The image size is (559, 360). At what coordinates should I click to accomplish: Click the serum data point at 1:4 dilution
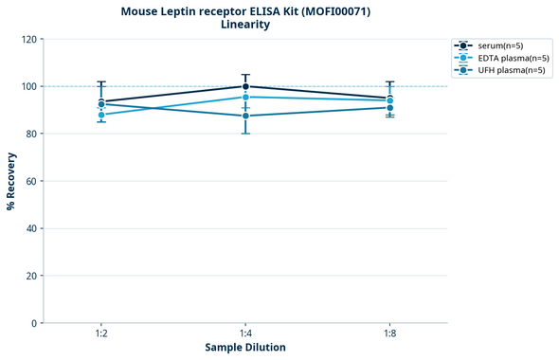pos(245,86)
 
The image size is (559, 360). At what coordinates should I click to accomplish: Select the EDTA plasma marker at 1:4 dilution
pos(245,97)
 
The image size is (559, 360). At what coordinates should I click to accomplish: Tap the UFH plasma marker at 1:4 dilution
pos(245,116)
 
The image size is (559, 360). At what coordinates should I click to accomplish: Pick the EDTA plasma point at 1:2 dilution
pos(101,115)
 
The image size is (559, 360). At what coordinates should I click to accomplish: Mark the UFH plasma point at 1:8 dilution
pos(389,108)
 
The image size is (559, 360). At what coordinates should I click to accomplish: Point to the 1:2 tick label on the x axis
pos(101,334)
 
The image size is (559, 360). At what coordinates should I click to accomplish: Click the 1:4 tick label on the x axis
pos(245,334)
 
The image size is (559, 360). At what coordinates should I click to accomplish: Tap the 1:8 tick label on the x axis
pos(389,334)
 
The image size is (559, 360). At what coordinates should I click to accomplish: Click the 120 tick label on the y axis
pos(28,39)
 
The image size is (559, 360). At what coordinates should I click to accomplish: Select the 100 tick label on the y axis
pos(28,86)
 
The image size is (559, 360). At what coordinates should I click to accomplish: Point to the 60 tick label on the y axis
pos(31,181)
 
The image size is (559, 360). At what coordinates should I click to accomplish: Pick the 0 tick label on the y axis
pos(34,323)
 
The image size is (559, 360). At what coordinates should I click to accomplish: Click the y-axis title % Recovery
pos(11,181)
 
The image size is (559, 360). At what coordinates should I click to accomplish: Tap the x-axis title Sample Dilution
pos(245,348)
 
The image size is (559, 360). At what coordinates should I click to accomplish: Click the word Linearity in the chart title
pos(245,25)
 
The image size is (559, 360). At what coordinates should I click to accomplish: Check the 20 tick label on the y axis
pos(31,276)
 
